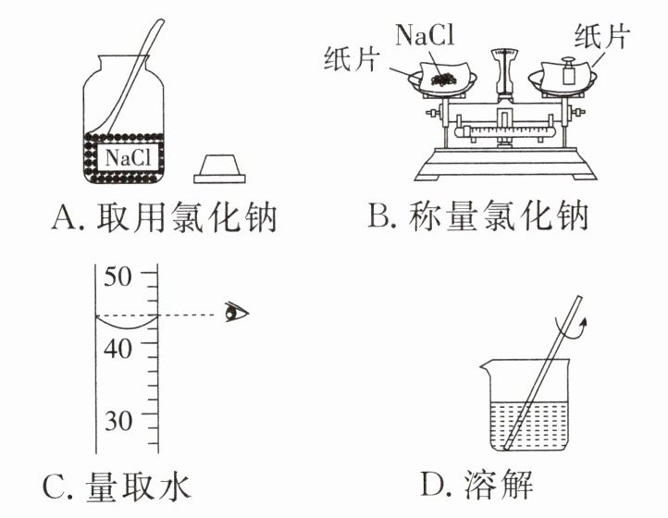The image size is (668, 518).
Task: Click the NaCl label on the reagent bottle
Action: (129, 157)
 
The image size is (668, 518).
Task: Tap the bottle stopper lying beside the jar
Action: (219, 169)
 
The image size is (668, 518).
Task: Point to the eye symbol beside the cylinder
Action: (237, 312)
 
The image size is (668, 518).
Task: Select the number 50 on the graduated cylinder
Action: (118, 276)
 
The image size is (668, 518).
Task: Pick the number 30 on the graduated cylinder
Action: (118, 420)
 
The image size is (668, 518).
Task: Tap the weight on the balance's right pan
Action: (568, 71)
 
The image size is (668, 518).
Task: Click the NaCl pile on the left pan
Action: (444, 79)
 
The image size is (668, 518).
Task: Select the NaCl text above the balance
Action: (425, 34)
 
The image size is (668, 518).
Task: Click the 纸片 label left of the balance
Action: (351, 58)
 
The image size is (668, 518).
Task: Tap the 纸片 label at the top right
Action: (601, 36)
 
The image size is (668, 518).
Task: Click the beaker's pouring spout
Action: (486, 365)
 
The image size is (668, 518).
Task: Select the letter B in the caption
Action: (377, 216)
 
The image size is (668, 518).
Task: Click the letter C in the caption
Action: (54, 487)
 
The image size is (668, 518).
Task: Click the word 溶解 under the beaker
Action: (499, 484)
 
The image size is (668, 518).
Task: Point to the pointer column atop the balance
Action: (504, 72)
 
